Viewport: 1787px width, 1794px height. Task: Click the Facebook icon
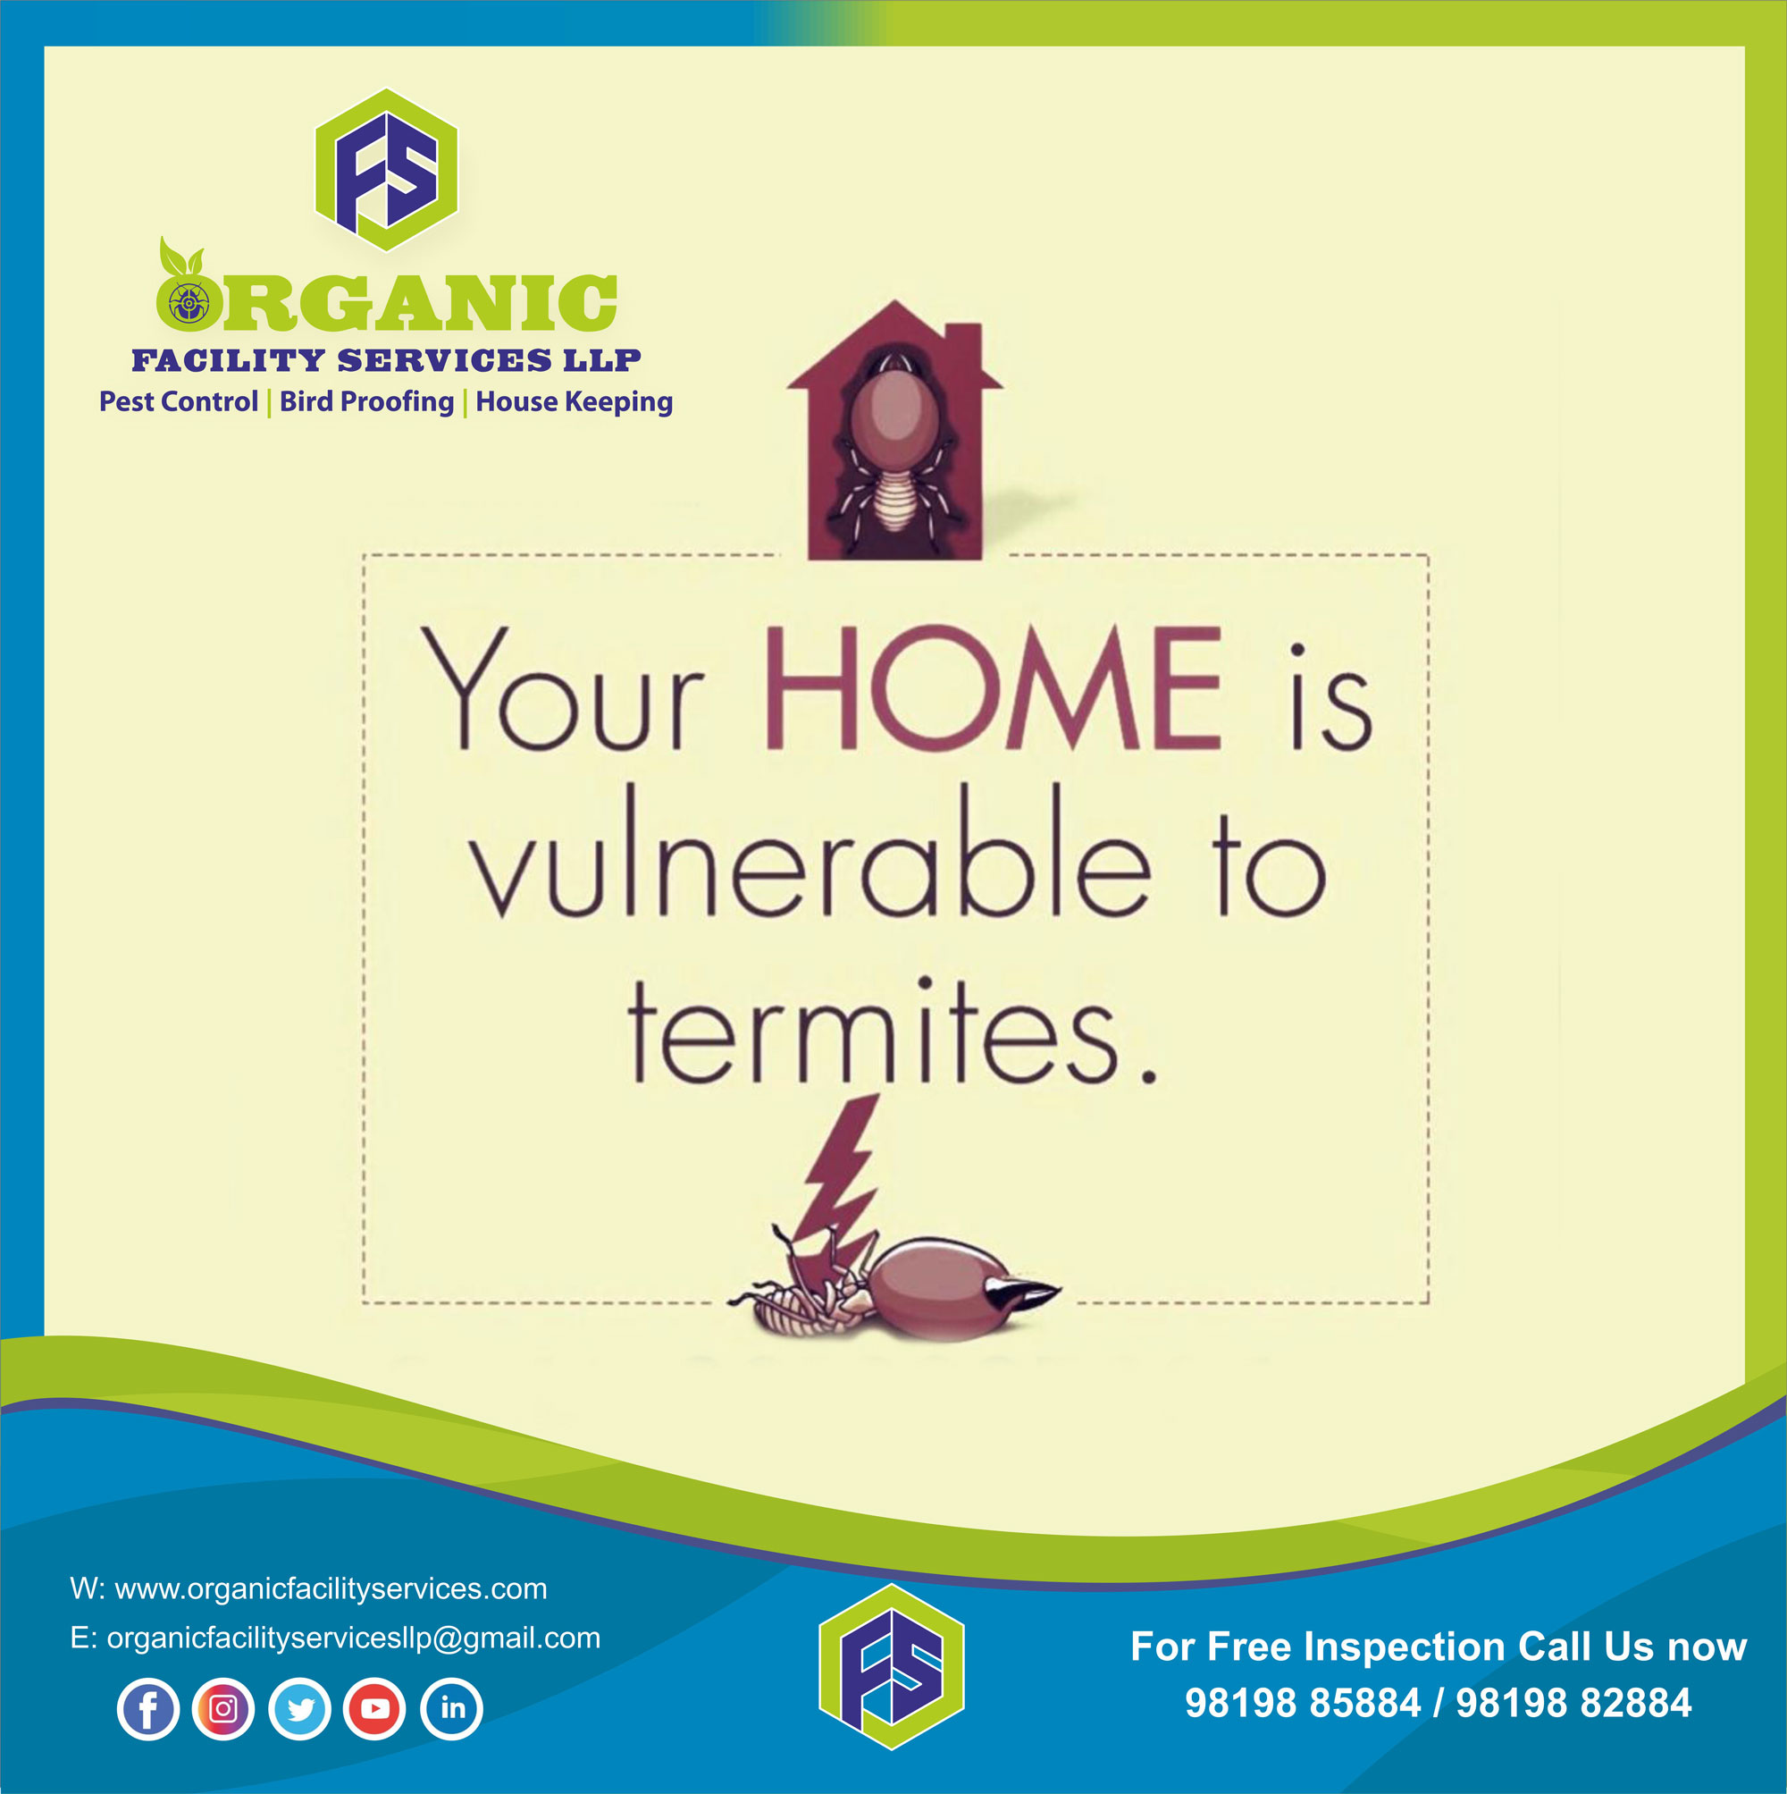pyautogui.click(x=147, y=1708)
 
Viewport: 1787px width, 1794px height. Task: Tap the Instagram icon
pyautogui.click(x=222, y=1708)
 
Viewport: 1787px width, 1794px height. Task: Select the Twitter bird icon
pyautogui.click(x=299, y=1708)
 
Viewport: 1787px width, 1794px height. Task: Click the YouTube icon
pyautogui.click(x=374, y=1708)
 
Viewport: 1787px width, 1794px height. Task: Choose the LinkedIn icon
pyautogui.click(x=451, y=1708)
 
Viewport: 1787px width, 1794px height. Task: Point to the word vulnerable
pyautogui.click(x=810, y=853)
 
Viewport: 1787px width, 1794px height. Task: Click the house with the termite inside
pyautogui.click(x=894, y=430)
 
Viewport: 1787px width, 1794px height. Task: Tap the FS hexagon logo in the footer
pyautogui.click(x=891, y=1667)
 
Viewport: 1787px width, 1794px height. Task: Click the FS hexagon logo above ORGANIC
pyautogui.click(x=386, y=170)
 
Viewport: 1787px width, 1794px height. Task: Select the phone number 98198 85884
pyautogui.click(x=1304, y=1703)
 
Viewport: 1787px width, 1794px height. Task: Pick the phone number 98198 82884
pyautogui.click(x=1573, y=1703)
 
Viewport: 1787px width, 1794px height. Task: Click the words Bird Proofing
pyautogui.click(x=366, y=402)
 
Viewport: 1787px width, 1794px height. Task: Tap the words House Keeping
pyautogui.click(x=574, y=403)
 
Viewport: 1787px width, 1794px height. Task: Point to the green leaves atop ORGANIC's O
pyautogui.click(x=180, y=258)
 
